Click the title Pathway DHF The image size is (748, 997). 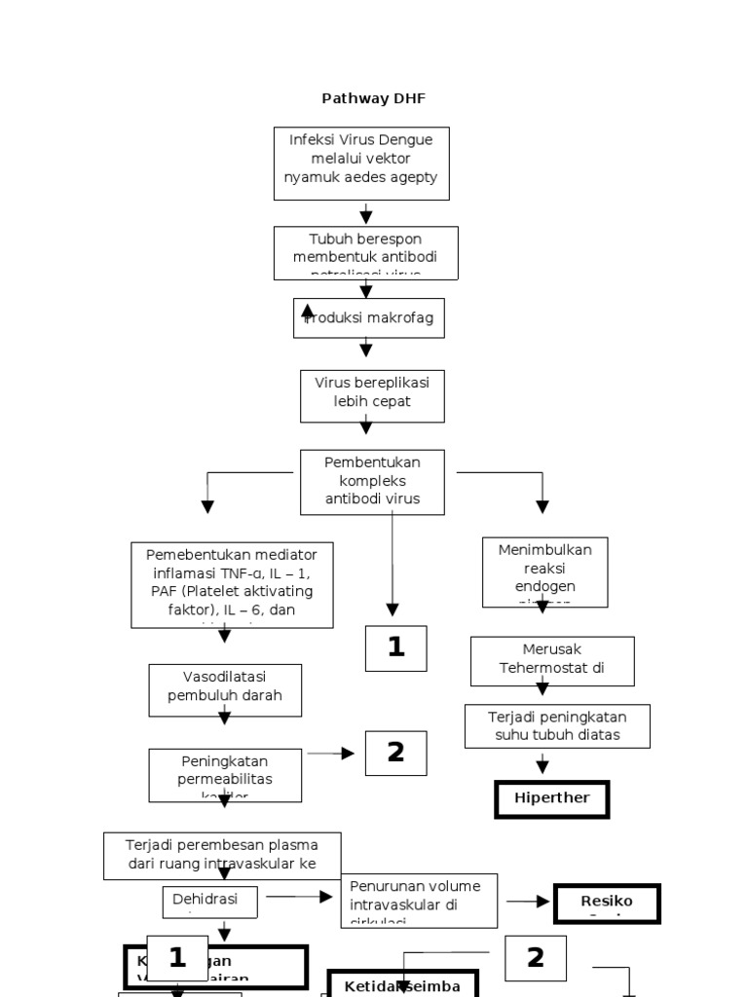(374, 98)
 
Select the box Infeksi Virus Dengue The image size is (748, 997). (361, 163)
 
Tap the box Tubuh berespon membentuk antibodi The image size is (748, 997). (366, 252)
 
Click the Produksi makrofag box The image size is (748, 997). (369, 318)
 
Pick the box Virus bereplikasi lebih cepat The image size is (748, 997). (372, 395)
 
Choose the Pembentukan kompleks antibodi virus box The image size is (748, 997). (373, 481)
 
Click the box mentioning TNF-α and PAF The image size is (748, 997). (232, 584)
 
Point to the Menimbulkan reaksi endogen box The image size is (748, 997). (544, 572)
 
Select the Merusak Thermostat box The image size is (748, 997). (552, 661)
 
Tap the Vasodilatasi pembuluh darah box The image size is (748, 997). (225, 688)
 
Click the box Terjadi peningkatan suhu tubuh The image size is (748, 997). (557, 726)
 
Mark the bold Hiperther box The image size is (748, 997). (552, 798)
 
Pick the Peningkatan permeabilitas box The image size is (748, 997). (225, 775)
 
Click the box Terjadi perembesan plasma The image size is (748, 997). (223, 855)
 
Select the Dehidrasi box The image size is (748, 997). (209, 902)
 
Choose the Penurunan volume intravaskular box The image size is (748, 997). (419, 900)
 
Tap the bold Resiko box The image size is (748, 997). (607, 903)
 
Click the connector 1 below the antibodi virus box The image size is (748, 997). (395, 647)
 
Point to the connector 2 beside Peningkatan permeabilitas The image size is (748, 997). (395, 753)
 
